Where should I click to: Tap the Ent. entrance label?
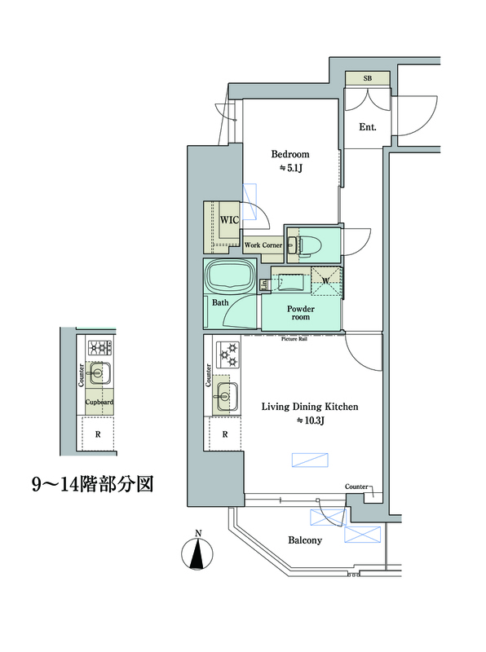(x=367, y=126)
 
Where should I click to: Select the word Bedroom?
(x=290, y=154)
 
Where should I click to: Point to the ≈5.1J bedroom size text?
(x=290, y=169)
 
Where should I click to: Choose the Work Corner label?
(x=263, y=244)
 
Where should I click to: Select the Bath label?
(x=220, y=303)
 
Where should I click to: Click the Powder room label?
(x=300, y=314)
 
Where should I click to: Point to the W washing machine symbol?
(x=326, y=282)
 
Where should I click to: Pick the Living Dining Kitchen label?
(x=310, y=406)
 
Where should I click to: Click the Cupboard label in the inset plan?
(x=100, y=402)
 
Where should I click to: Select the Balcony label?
(x=305, y=540)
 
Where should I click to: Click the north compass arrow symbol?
(x=197, y=557)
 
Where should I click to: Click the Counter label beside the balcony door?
(x=356, y=487)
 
